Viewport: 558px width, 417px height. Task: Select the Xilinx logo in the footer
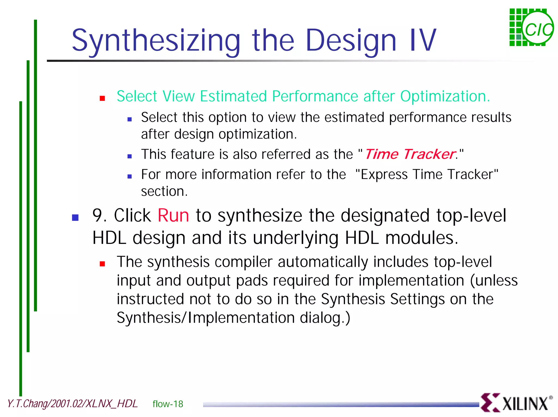pos(516,403)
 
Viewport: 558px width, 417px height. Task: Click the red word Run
pos(173,216)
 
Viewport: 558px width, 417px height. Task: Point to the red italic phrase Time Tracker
pos(410,154)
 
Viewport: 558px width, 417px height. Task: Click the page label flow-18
pos(168,404)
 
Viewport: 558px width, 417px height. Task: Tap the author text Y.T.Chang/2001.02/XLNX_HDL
pos(72,404)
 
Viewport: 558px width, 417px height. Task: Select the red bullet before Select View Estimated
pos(102,98)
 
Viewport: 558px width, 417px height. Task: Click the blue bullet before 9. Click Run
pos(75,217)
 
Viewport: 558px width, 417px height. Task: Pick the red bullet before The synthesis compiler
pos(102,264)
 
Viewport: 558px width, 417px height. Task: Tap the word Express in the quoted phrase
pos(384,174)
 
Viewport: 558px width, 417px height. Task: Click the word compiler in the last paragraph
pos(243,262)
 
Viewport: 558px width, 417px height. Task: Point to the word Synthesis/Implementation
pos(206,318)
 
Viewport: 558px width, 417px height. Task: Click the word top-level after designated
pos(471,216)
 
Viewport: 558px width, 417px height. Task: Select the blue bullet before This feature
pos(130,156)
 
